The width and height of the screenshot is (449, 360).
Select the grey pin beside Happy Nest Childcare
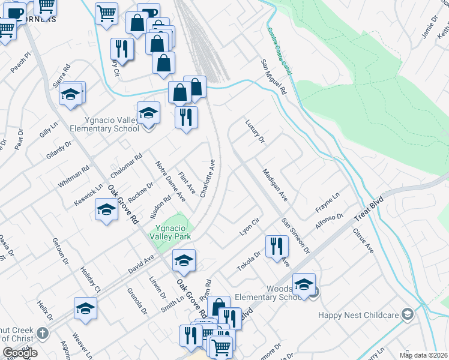click(408, 314)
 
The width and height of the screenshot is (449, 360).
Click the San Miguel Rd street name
click(273, 78)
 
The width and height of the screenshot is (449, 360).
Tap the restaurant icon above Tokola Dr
click(277, 246)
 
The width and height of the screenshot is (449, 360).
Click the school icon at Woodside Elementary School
click(304, 284)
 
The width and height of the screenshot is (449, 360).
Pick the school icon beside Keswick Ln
click(106, 209)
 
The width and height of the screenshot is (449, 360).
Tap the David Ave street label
click(142, 264)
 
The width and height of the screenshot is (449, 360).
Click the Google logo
click(20, 353)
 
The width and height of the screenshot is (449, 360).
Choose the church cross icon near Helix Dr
click(43, 332)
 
